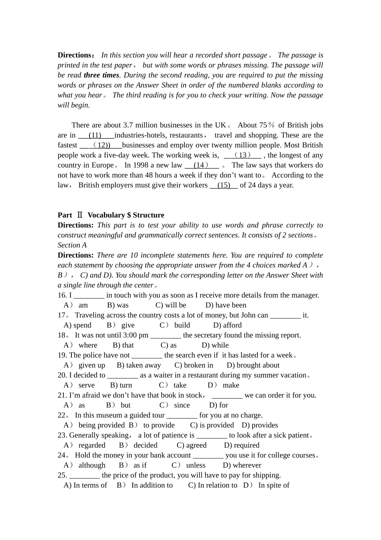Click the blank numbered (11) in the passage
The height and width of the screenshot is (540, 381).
click(95, 135)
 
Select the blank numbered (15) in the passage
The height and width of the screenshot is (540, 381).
click(224, 185)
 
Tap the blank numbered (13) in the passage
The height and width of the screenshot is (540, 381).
click(242, 155)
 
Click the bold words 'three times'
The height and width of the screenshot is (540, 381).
click(101, 75)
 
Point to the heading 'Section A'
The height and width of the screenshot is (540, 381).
click(72, 245)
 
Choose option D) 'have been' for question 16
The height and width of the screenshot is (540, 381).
click(226, 305)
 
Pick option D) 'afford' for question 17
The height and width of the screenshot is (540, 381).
click(227, 325)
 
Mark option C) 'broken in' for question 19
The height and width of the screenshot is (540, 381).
click(194, 365)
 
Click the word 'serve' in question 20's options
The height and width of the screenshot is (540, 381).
click(87, 385)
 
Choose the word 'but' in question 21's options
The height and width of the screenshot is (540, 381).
click(126, 405)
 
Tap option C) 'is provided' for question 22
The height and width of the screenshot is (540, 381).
click(212, 425)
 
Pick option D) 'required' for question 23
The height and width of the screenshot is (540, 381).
click(241, 445)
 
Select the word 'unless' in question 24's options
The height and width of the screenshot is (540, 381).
click(196, 465)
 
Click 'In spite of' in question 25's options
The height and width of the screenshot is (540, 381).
click(274, 485)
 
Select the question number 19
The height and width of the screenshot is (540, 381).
click(62, 355)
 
